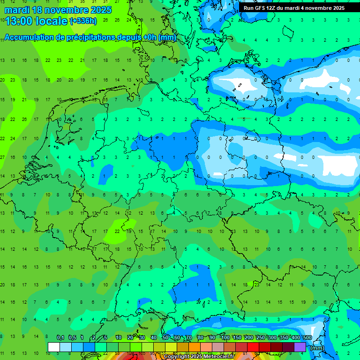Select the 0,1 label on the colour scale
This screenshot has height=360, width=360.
pyautogui.click(x=60, y=338)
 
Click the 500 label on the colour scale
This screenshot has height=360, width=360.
pyautogui.click(x=307, y=338)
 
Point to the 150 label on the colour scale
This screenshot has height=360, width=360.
pyautogui.click(x=237, y=338)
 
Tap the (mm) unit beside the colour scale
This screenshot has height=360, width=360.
pyautogui.click(x=317, y=348)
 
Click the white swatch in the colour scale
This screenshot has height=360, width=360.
pyautogui.click(x=53, y=347)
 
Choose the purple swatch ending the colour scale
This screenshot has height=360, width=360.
pyautogui.click(x=300, y=347)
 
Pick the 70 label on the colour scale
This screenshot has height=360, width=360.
pyautogui.click(x=189, y=338)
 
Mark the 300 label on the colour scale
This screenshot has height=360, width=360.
pyautogui.click(x=272, y=338)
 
